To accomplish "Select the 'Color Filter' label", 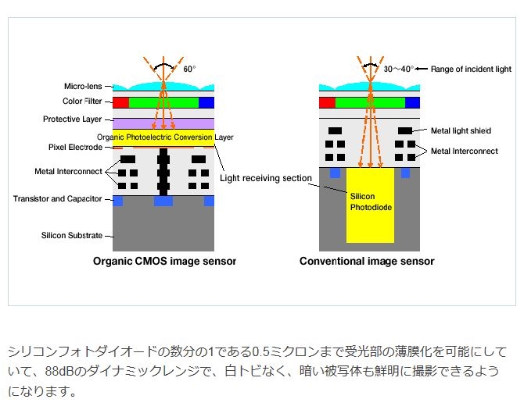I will (84, 102).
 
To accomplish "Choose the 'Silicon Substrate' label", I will (72, 235).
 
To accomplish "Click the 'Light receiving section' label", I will (266, 178).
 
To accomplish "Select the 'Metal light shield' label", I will (461, 130).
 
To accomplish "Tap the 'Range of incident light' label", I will (470, 69).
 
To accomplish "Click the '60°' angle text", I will (189, 69).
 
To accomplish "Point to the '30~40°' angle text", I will (398, 69).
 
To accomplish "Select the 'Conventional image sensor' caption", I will (367, 262).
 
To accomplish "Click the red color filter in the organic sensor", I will (120, 102).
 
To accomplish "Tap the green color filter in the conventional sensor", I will (370, 102).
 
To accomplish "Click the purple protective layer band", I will (163, 123).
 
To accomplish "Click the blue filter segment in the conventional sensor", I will (412, 102).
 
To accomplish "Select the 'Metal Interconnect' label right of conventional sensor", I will (464, 151).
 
